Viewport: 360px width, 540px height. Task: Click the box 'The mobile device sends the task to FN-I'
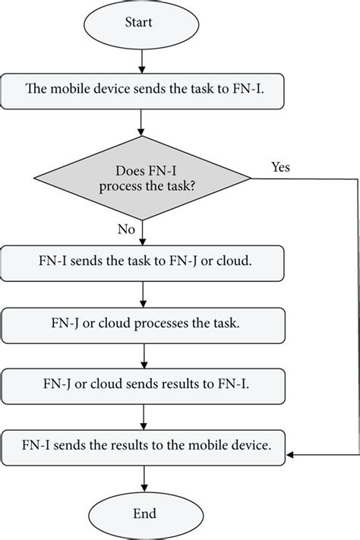[x=144, y=91]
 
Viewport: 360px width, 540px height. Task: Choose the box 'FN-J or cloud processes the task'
[x=144, y=323]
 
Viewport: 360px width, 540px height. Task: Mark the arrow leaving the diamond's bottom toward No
[x=144, y=232]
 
